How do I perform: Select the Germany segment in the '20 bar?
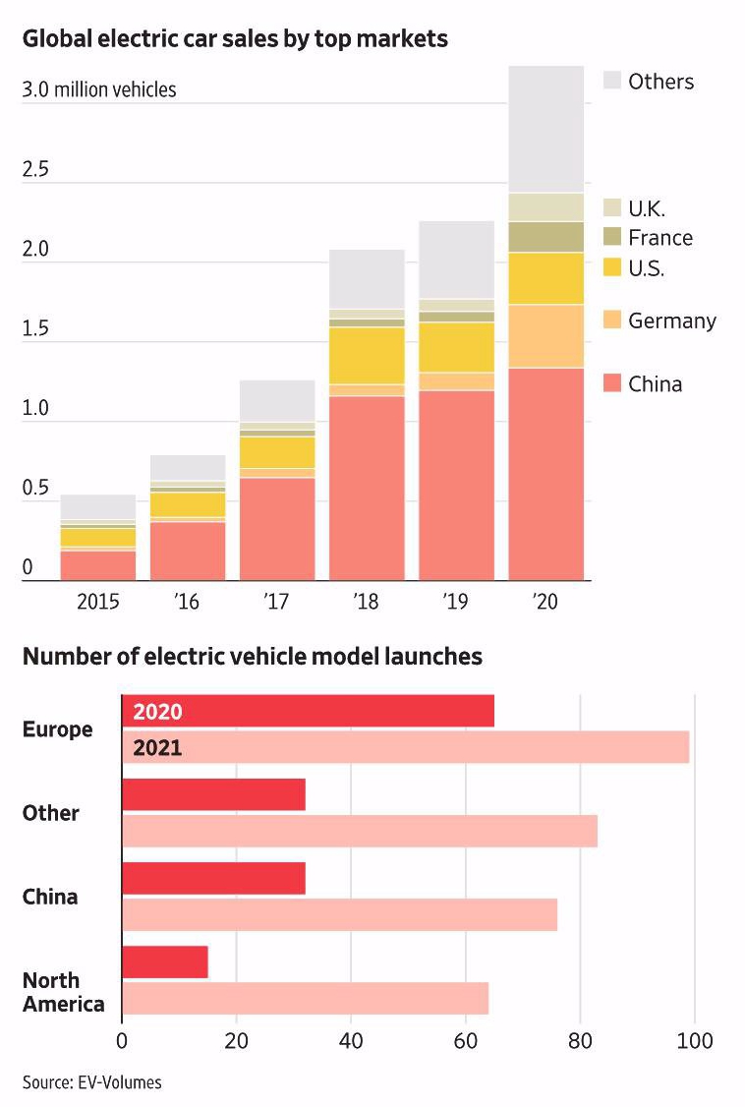545,336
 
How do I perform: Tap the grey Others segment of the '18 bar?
367,279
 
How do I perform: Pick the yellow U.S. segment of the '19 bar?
456,347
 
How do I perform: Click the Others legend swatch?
611,81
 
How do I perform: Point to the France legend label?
660,238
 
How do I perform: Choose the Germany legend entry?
671,320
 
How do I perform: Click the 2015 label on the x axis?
98,602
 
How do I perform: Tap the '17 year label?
277,602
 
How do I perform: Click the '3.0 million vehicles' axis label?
99,90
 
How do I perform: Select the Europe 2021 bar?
405,747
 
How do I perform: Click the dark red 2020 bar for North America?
165,962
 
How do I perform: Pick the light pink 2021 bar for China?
339,914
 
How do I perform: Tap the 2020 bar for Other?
213,794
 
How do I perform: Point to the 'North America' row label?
63,992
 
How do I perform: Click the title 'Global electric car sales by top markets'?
235,39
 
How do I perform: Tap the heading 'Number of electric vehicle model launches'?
253,656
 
